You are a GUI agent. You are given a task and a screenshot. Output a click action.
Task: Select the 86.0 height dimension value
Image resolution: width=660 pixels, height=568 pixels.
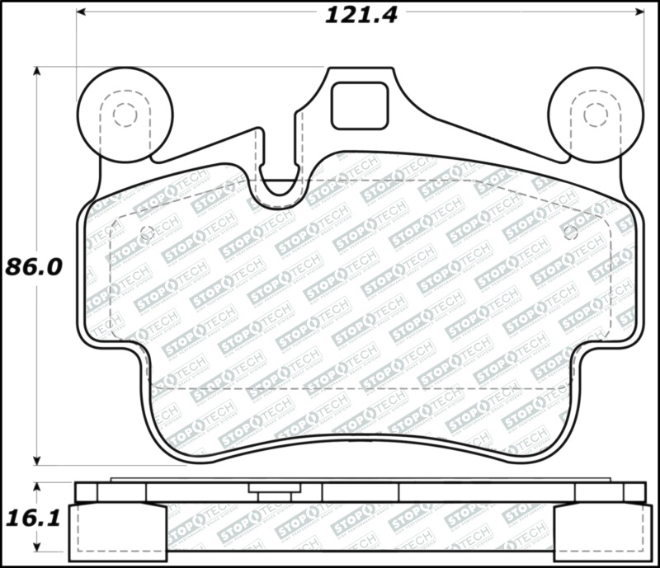34,267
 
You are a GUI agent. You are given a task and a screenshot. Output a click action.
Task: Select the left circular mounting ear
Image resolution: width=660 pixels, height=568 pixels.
125,114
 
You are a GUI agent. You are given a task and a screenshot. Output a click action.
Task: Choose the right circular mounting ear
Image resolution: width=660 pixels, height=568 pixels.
596,114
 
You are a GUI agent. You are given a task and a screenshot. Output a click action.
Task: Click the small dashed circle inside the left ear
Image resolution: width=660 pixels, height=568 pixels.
125,115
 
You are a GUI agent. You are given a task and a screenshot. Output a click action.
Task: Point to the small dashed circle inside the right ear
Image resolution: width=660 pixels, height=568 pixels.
595,115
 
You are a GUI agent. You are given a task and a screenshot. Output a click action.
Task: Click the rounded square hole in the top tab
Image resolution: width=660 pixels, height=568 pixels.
359,106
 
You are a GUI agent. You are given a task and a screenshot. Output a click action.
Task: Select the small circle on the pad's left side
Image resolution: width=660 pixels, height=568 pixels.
147,232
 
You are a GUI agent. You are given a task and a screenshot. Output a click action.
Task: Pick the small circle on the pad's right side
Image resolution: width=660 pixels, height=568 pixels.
569,232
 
